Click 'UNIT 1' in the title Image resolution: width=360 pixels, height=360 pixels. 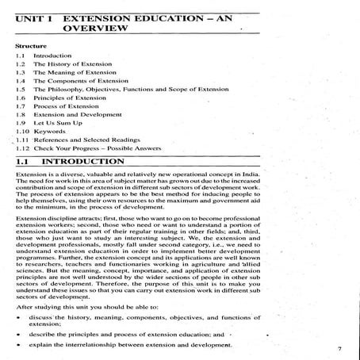pyautogui.click(x=35, y=14)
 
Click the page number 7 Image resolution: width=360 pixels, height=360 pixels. pyautogui.click(x=339, y=347)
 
